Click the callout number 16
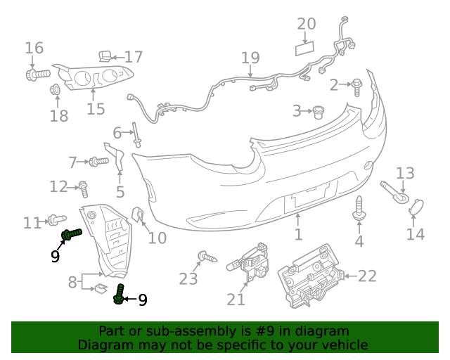pos(34,49)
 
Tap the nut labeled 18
pos(54,89)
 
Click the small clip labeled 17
pos(103,55)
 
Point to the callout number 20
pos(306,24)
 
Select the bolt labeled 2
pos(356,86)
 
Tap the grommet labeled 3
pos(319,111)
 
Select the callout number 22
pos(368,276)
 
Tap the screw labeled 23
pos(205,257)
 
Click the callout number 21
pos(236,300)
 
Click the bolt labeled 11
pos(56,220)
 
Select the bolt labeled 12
pos(83,188)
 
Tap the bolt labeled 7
pos(98,162)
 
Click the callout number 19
pos(250,58)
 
